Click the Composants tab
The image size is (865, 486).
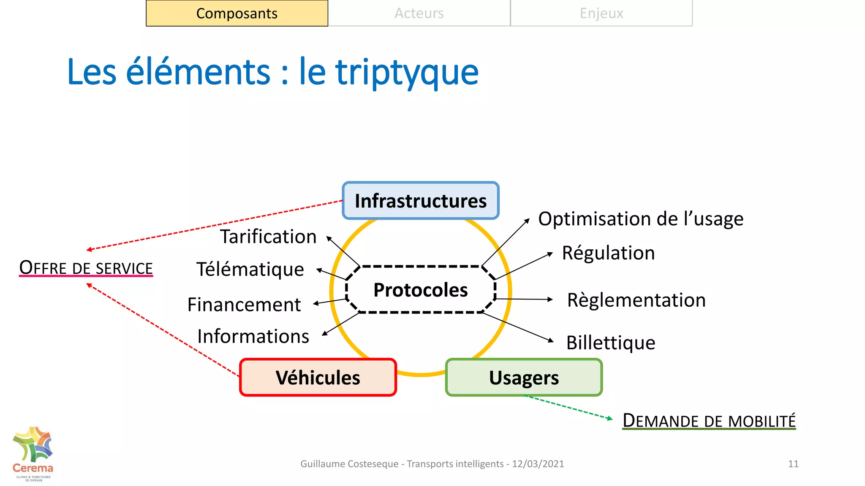coord(237,13)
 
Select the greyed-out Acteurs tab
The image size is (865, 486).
coord(419,13)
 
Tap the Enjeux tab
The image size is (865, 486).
coord(601,13)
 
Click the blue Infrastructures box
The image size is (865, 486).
coord(421,201)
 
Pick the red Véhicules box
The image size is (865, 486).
coord(318,378)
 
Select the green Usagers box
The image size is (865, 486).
coord(524,378)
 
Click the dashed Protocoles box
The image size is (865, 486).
coord(421,290)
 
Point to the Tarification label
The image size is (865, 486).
coord(268,237)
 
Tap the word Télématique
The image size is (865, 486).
coord(250,270)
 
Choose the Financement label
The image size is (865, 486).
coord(244,305)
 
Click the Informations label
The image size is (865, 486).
coord(253,337)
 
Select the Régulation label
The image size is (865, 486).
coord(608,253)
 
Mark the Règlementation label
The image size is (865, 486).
coord(636,300)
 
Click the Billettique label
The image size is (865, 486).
coord(611,343)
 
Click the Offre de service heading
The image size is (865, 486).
coord(86,268)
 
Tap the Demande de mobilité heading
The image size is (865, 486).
coord(709,421)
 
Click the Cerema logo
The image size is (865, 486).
coord(33,454)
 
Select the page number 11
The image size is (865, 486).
coord(793,464)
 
